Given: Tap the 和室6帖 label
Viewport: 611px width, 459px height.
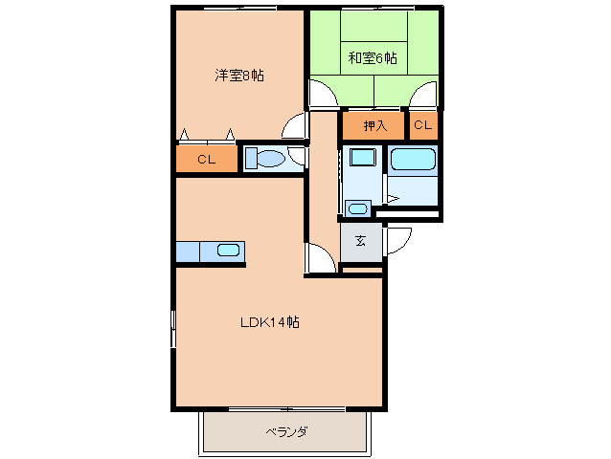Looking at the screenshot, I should [x=373, y=58].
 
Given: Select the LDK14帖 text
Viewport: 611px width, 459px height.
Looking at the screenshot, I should [x=269, y=322].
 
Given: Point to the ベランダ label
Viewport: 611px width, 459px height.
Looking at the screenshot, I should [x=286, y=432].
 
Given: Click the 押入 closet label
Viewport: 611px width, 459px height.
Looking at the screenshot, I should [x=374, y=125].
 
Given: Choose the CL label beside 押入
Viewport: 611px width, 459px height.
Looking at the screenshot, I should [x=423, y=125].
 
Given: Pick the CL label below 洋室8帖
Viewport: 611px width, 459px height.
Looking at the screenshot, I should [x=206, y=160].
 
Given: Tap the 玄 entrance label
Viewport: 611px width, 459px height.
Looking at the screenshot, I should [x=361, y=241].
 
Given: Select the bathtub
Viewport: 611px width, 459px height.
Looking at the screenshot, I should [x=414, y=160].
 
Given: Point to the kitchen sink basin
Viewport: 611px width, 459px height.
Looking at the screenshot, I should [x=228, y=251].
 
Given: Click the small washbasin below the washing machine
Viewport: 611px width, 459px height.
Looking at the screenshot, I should [x=358, y=208].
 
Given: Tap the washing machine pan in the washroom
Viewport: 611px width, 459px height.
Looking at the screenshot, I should [x=362, y=159].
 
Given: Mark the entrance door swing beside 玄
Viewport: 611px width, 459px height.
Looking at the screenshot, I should [x=396, y=243].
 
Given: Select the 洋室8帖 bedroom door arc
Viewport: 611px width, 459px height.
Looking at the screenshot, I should [x=295, y=125].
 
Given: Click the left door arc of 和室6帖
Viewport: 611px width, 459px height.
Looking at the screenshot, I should [x=324, y=93].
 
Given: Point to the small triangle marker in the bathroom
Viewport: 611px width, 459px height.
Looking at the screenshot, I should [x=392, y=199].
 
